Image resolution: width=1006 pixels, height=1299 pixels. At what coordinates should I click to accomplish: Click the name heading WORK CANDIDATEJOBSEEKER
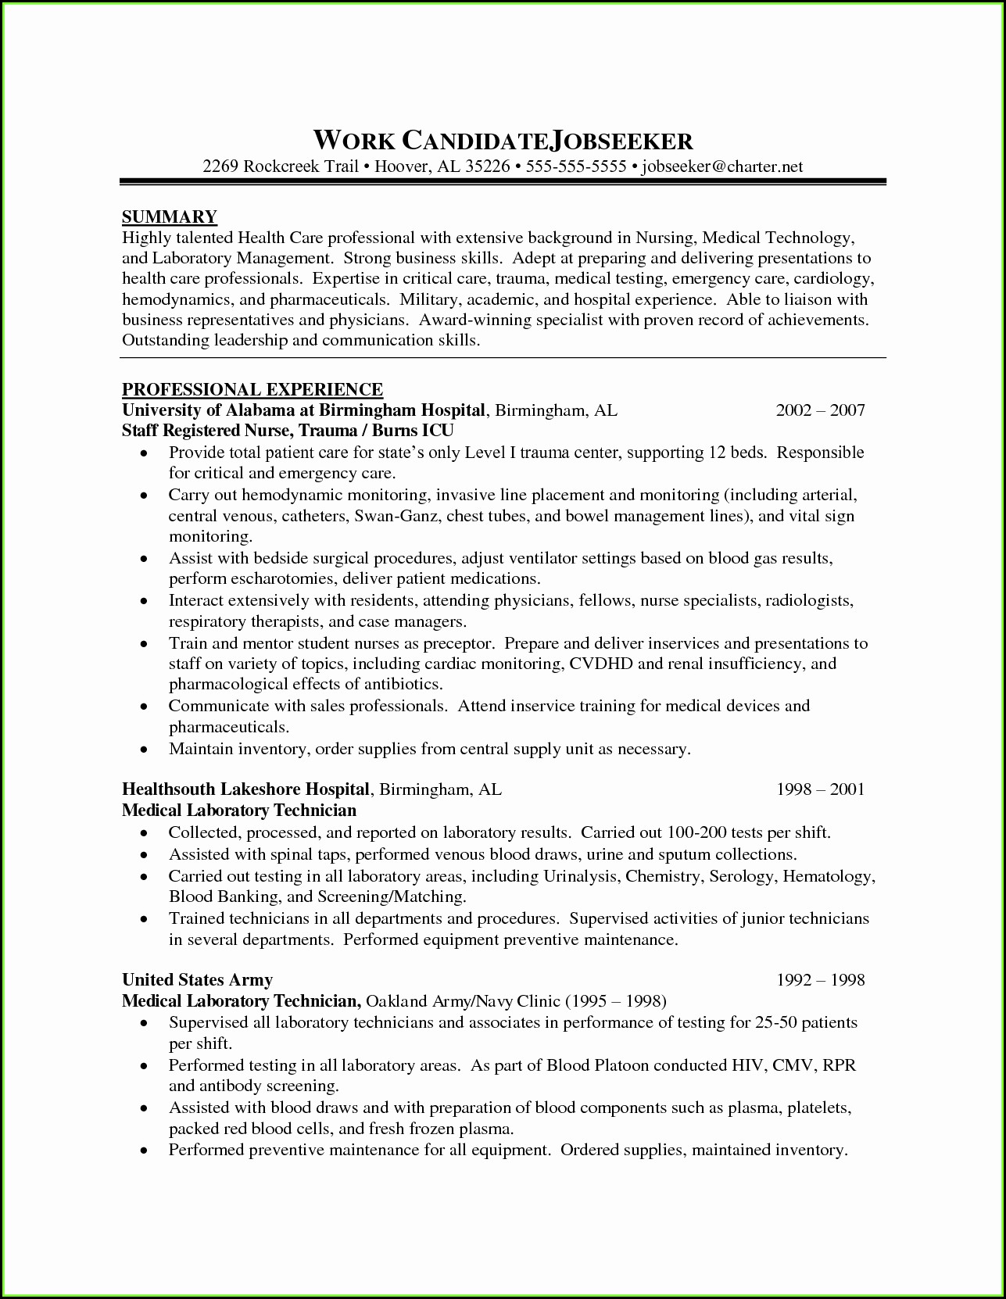[503, 141]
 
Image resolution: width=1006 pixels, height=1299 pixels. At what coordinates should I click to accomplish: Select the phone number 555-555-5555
[576, 166]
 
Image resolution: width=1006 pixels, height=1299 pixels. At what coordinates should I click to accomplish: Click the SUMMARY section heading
[170, 216]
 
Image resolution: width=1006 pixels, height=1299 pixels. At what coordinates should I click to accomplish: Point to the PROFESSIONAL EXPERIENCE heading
[252, 389]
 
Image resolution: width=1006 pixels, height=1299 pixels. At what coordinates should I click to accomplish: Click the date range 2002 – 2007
[820, 410]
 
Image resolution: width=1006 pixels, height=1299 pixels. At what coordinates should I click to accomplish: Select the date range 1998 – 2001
[820, 789]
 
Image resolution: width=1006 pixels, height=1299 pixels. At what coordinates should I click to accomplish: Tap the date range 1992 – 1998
[820, 980]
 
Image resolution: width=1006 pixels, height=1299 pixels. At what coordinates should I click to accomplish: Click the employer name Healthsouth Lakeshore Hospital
[245, 789]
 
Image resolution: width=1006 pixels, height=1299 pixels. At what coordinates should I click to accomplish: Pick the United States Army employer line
[197, 980]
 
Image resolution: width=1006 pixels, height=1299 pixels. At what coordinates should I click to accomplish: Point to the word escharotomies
[283, 579]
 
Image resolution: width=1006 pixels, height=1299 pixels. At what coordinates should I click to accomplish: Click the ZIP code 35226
[487, 166]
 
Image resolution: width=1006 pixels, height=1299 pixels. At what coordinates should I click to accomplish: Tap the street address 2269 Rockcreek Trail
[281, 166]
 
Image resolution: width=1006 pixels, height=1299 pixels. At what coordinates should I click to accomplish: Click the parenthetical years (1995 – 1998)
[615, 1001]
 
